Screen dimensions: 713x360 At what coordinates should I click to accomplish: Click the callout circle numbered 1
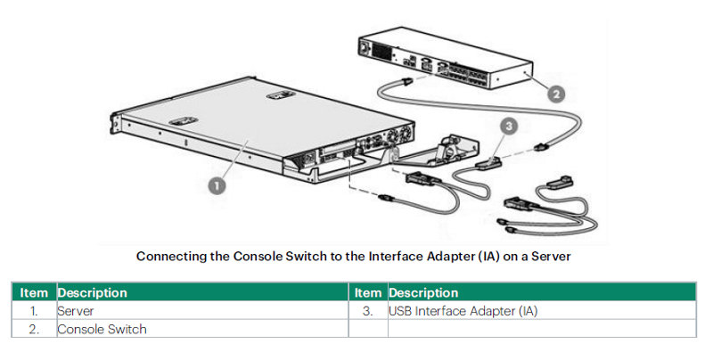click(217, 185)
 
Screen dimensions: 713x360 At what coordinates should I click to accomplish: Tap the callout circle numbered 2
click(555, 95)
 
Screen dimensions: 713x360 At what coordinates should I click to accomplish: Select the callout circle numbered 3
click(509, 126)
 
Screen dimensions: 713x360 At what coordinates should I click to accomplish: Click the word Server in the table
click(76, 311)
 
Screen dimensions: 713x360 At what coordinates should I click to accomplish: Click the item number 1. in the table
click(34, 311)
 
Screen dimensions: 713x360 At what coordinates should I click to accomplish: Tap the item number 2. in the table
click(34, 330)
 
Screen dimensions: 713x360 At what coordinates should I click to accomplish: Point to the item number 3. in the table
click(367, 311)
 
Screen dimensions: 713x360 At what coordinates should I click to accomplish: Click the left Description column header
click(93, 293)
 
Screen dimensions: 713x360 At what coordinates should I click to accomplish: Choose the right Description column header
click(423, 293)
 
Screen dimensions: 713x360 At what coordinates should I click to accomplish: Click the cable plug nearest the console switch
click(406, 82)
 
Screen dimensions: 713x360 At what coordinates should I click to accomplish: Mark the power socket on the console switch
click(365, 48)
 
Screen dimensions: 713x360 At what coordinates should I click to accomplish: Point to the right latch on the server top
click(281, 95)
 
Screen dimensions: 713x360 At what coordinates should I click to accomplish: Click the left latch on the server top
click(184, 121)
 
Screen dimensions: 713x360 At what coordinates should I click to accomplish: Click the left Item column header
click(34, 293)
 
